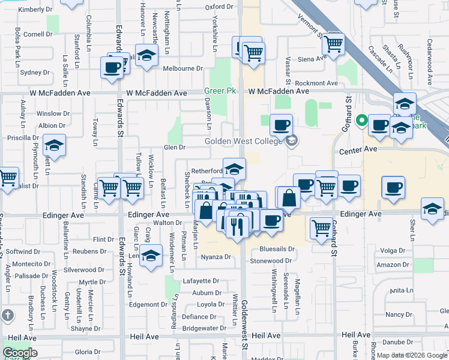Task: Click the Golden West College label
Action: (243, 142)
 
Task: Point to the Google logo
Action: (20, 353)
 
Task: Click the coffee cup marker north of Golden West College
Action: (281, 125)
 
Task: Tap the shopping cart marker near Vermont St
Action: (333, 43)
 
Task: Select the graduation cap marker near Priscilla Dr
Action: (54, 146)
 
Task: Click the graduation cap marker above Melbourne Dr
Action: (146, 56)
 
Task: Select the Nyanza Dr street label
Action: (215, 257)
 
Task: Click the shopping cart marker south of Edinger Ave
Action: (322, 227)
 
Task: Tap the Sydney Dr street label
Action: (35, 73)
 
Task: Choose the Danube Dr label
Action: (397, 342)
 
